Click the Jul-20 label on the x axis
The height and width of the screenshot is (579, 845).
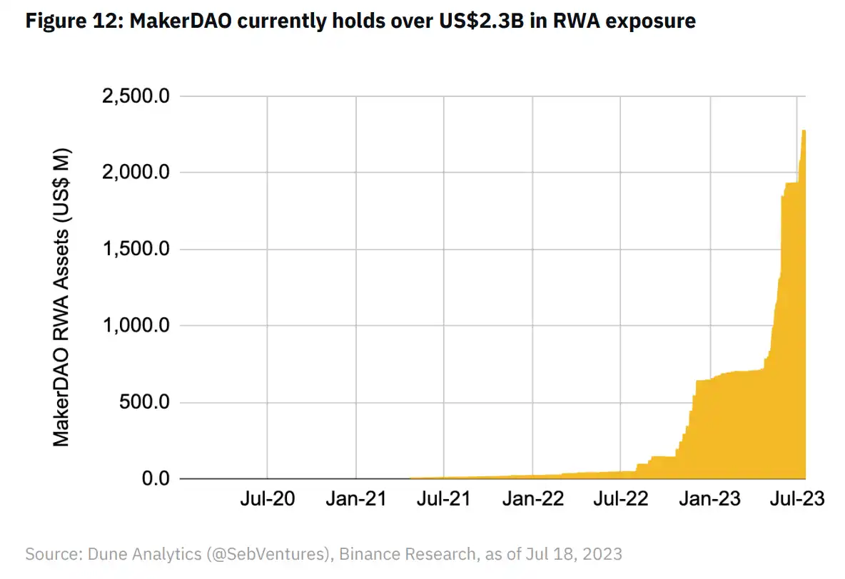pyautogui.click(x=267, y=498)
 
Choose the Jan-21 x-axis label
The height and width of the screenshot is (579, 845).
pyautogui.click(x=355, y=498)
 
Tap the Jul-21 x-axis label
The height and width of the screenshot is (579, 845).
pyautogui.click(x=444, y=498)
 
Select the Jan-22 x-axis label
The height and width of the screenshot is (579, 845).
pyautogui.click(x=532, y=498)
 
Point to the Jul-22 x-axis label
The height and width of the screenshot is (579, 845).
pyautogui.click(x=621, y=498)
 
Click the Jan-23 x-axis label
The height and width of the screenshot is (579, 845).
pyautogui.click(x=709, y=498)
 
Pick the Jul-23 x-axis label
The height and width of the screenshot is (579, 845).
pyautogui.click(x=796, y=498)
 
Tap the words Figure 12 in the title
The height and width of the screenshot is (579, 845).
pyautogui.click(x=69, y=21)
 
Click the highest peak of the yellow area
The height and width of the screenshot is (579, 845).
pyautogui.click(x=804, y=131)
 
